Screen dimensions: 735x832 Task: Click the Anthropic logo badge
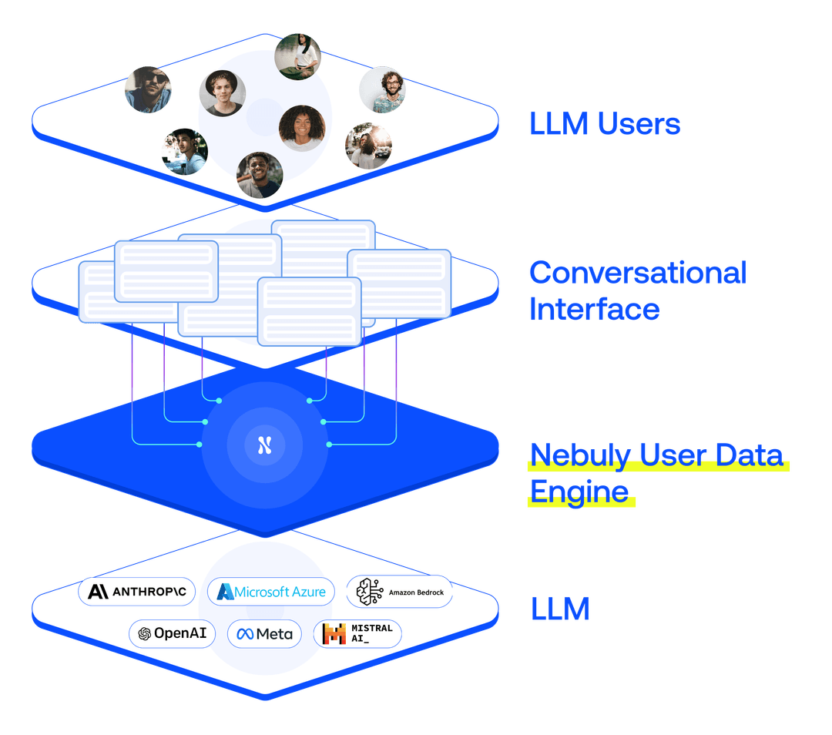(x=136, y=592)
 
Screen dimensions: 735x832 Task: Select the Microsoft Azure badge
(x=271, y=592)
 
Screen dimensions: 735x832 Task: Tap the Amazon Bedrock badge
(x=399, y=592)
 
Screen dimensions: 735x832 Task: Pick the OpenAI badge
(x=172, y=633)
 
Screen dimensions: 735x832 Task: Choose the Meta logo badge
(x=265, y=633)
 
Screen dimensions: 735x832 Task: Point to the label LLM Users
(x=605, y=124)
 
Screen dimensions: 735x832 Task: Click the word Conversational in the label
(x=638, y=273)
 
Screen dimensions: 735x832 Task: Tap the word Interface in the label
(x=593, y=309)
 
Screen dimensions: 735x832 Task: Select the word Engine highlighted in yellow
(x=578, y=491)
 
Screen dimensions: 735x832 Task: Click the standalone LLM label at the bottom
(x=560, y=609)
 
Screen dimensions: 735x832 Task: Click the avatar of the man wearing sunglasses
(x=148, y=89)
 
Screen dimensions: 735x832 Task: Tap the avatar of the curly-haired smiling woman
(x=302, y=128)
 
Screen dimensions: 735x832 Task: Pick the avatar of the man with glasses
(x=382, y=89)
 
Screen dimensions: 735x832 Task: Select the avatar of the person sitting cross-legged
(x=298, y=56)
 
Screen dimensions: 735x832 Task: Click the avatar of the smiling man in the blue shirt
(x=260, y=175)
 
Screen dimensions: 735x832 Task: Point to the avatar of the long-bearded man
(x=368, y=146)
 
